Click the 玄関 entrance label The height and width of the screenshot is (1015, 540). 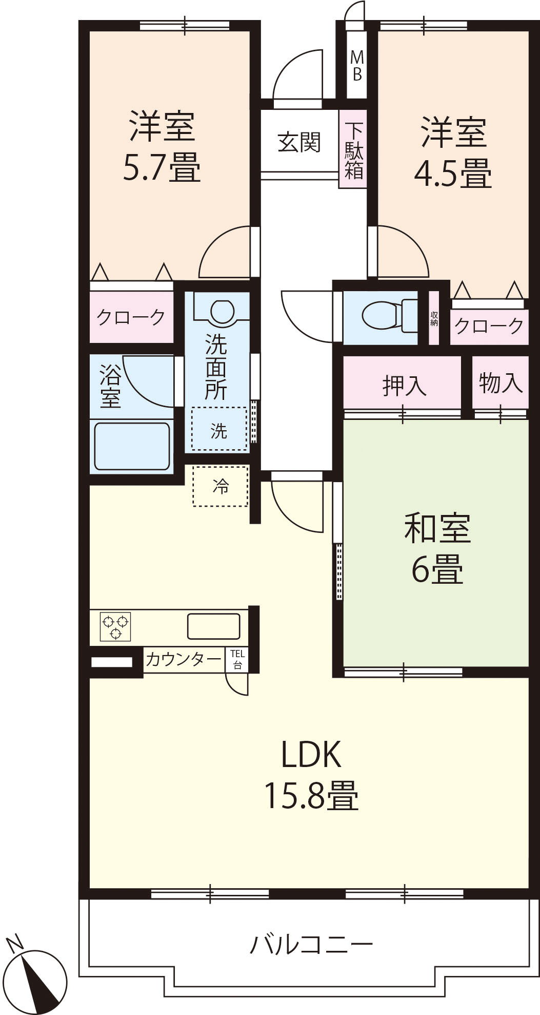tap(299, 142)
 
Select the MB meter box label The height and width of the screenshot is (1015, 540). tap(357, 66)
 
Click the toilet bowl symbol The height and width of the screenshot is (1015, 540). tap(390, 315)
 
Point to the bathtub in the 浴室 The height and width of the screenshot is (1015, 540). tap(132, 446)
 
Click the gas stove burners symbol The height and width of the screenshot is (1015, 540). tap(116, 626)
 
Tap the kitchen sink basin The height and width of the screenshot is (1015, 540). tap(213, 626)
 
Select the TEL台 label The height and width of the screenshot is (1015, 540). tap(237, 659)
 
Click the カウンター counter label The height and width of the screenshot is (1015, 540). tap(183, 659)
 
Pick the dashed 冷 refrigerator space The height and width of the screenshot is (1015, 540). tap(221, 486)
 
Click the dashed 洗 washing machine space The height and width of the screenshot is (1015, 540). tap(219, 429)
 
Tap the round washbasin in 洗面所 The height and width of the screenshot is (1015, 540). tap(223, 311)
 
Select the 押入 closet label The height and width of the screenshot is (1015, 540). tap(404, 385)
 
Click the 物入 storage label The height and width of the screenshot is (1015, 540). tap(501, 382)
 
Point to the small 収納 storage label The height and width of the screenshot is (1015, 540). tap(434, 318)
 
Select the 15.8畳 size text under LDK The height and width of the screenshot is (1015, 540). tap(311, 795)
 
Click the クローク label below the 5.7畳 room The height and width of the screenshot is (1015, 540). tap(131, 317)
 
